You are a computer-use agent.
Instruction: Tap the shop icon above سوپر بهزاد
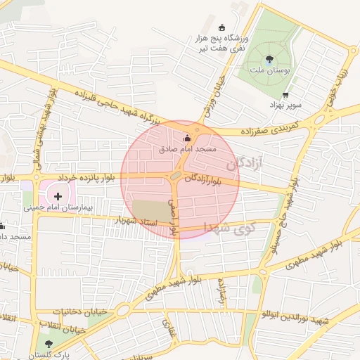pos(285,95)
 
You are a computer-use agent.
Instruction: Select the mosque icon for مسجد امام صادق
pos(187,139)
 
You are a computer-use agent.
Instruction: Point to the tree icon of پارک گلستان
pos(48,345)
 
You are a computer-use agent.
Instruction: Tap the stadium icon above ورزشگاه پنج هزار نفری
pos(223,27)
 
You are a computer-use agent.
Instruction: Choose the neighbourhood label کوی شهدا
pos(229,227)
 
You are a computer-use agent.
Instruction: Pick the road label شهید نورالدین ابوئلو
pos(295,320)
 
